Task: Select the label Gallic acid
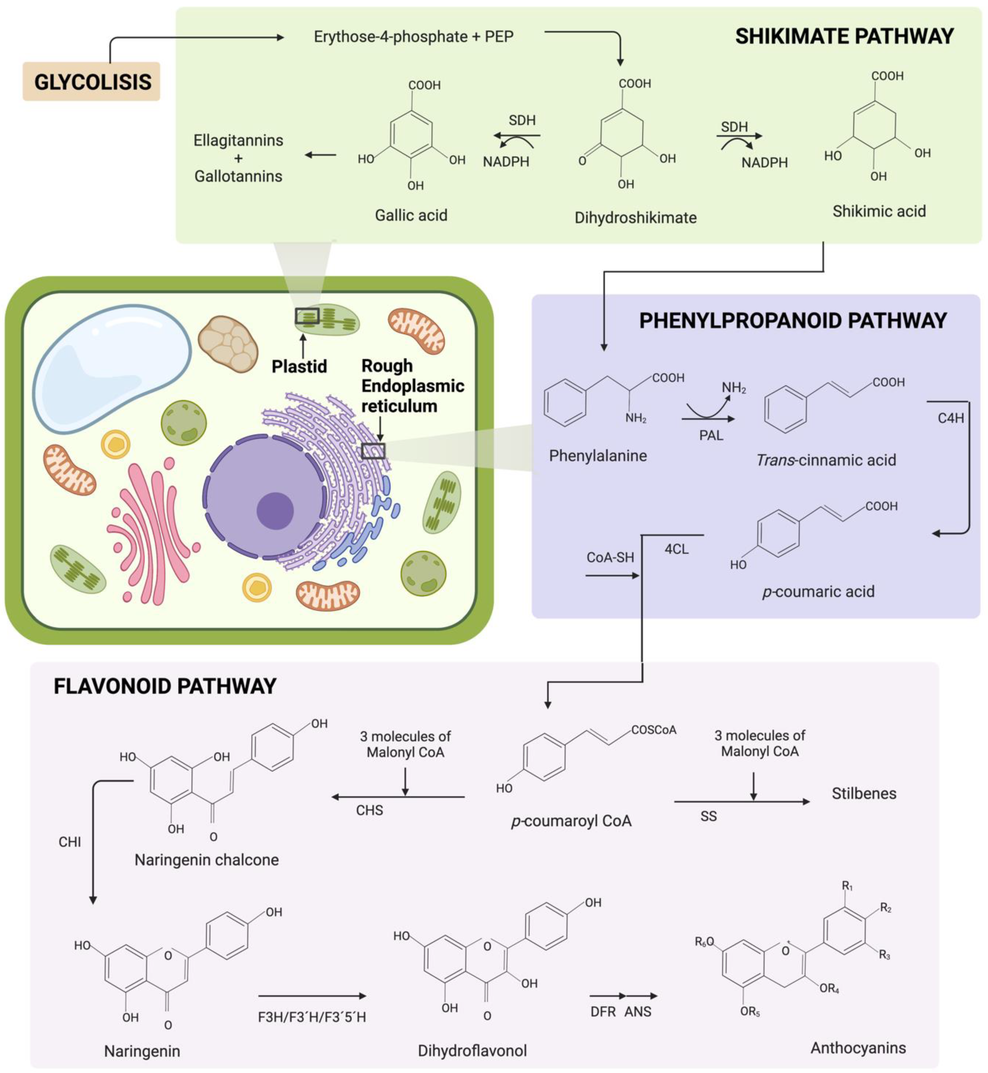[x=411, y=215]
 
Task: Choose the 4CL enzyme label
[x=676, y=549]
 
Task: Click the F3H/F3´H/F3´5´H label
[x=312, y=1017]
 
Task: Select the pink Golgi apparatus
[x=150, y=534]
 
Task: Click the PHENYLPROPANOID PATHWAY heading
[x=792, y=321]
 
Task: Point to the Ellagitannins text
[x=238, y=141]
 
